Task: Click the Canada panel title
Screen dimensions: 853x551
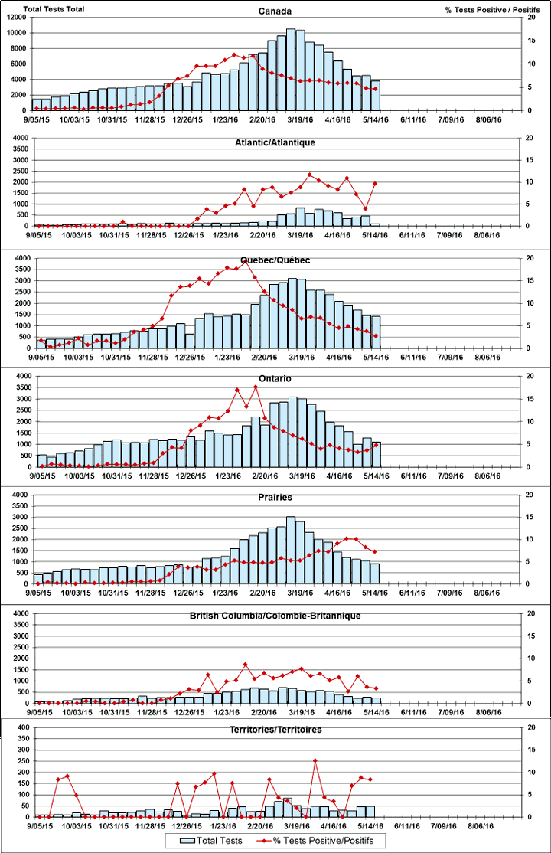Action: click(x=275, y=11)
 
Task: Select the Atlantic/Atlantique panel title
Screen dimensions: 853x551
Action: click(x=275, y=142)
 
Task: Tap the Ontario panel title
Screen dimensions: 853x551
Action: click(x=275, y=379)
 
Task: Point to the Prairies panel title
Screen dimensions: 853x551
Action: click(x=275, y=497)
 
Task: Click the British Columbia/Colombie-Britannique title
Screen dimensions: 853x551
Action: click(x=275, y=616)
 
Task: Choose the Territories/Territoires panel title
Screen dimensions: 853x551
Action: click(x=275, y=730)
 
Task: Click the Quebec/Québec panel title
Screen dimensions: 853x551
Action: click(x=275, y=260)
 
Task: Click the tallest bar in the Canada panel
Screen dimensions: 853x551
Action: click(x=291, y=69)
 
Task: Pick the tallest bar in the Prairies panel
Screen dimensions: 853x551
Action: click(x=291, y=550)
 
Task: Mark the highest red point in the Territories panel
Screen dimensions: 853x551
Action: click(x=315, y=760)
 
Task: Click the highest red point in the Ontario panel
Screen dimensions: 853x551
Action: click(x=256, y=387)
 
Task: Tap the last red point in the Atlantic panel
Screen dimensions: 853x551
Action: click(x=375, y=182)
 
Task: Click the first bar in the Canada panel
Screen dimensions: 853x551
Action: click(x=37, y=104)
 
